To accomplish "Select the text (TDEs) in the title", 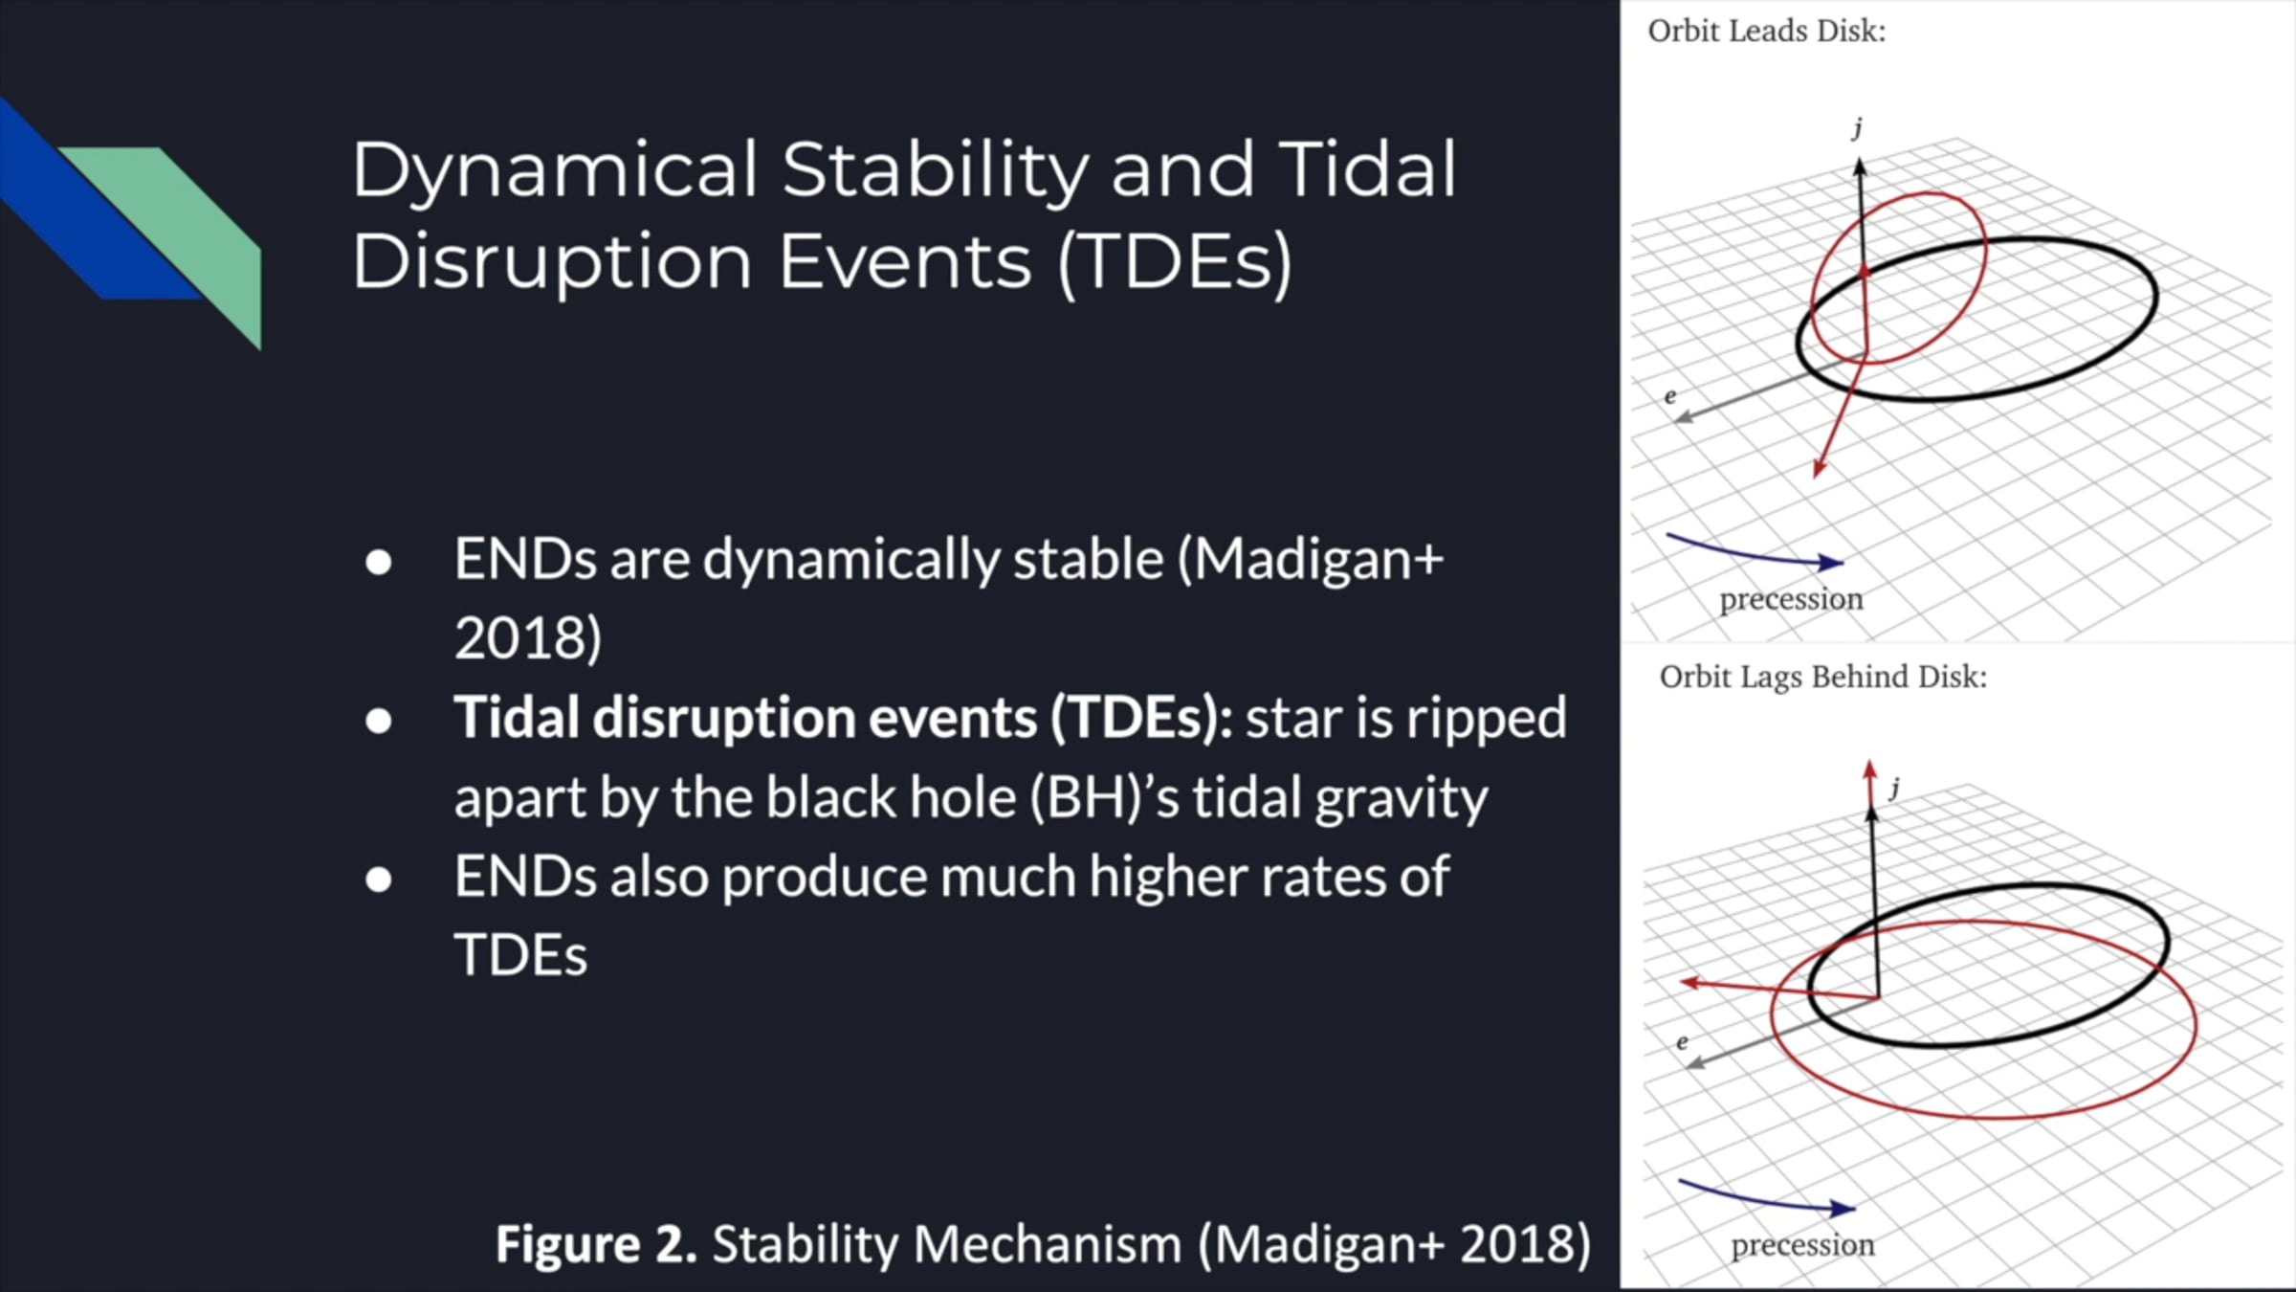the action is tap(1176, 261).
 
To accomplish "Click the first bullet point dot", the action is tap(379, 562).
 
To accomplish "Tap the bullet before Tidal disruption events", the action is tap(379, 721).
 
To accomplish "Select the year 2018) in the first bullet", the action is tap(528, 638).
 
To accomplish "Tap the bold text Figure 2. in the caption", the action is tap(596, 1244).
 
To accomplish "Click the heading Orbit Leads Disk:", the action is tap(1767, 32).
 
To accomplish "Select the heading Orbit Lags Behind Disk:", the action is tap(1823, 678).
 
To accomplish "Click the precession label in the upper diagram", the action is tap(1791, 600).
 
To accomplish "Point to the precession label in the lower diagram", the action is tap(1802, 1246).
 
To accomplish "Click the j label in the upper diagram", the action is tap(1858, 128).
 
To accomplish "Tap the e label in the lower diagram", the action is tap(1682, 1042).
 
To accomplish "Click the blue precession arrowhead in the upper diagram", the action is tap(1831, 563).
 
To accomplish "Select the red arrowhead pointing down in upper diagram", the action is tap(1819, 467).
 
